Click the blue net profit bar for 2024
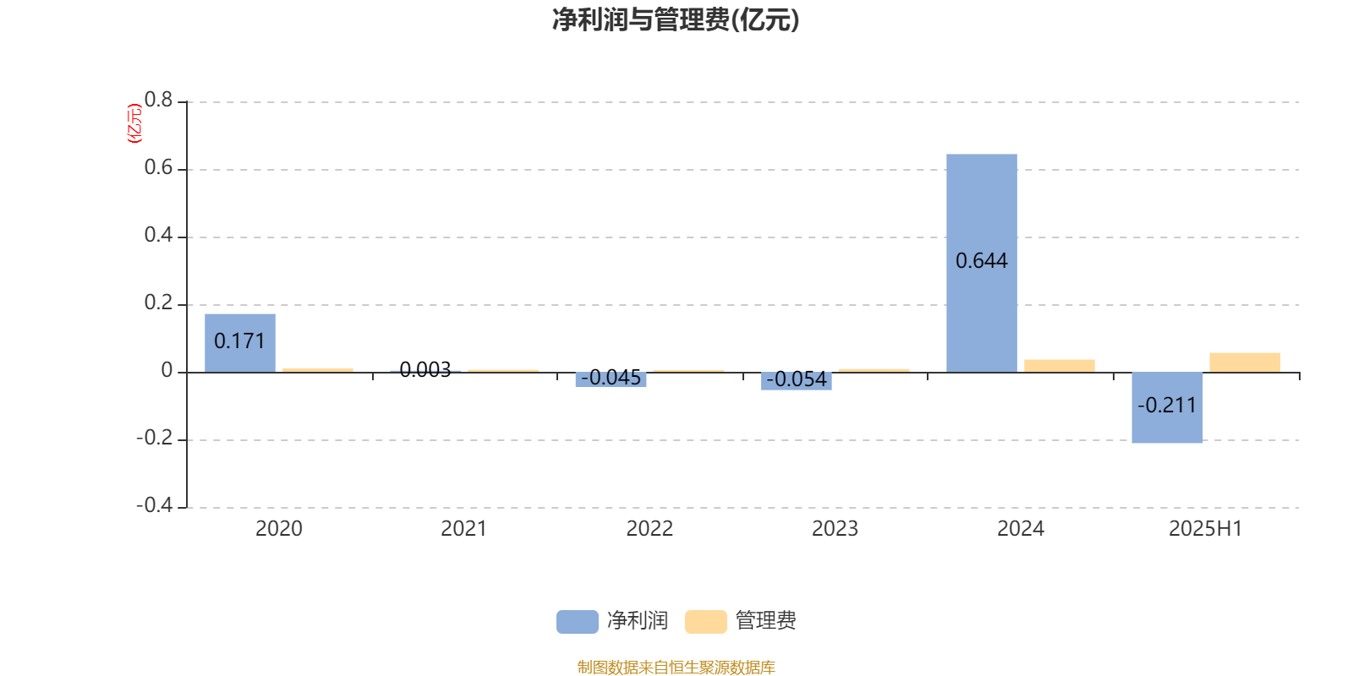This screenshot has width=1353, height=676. (982, 263)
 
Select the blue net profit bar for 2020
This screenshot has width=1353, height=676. (240, 343)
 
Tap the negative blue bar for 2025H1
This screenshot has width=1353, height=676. (1167, 408)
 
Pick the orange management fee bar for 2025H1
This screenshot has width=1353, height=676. (1245, 363)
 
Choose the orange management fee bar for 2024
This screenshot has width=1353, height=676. (1060, 367)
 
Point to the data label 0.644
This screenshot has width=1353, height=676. (982, 261)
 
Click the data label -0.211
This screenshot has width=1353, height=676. (1167, 405)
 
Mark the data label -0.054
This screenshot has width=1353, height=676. (797, 379)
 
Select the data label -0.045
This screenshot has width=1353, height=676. (611, 377)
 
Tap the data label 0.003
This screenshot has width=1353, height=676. (425, 369)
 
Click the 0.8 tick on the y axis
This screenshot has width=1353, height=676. (158, 100)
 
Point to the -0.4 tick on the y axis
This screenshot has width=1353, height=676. (155, 504)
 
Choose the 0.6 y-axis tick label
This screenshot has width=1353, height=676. (158, 167)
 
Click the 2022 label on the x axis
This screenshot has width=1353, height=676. (649, 529)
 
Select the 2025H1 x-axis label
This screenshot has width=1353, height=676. (1206, 529)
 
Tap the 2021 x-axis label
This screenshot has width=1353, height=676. (464, 529)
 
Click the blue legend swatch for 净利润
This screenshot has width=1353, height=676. (578, 622)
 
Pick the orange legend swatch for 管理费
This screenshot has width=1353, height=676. (705, 622)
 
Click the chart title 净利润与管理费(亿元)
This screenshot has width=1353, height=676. (676, 20)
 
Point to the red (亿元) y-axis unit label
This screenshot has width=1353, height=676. (134, 123)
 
